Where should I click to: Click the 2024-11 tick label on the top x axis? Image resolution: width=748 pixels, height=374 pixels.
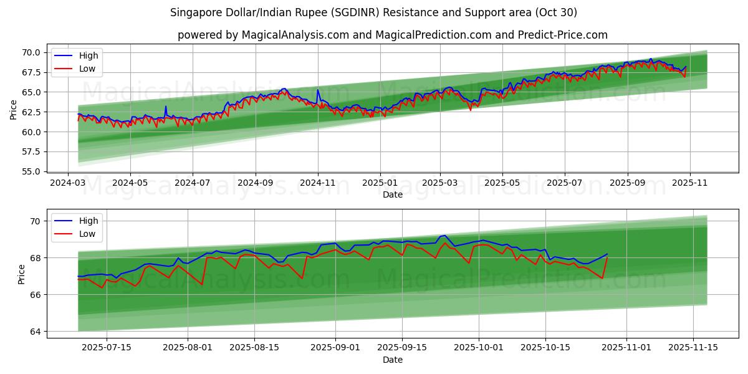coord(318,183)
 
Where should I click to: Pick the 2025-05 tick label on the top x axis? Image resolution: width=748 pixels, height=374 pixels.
coord(502,183)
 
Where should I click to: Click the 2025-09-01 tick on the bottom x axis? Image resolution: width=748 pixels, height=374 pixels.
coord(335,348)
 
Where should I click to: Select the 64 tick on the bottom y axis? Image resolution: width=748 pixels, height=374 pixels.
coord(34,332)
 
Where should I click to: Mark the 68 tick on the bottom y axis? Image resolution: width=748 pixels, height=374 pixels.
coord(34,258)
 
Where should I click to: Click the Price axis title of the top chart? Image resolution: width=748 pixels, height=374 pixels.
coord(14,110)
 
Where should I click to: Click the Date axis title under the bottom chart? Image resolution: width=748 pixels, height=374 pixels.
coord(393,360)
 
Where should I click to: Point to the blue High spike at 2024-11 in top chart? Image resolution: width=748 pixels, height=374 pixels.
coord(317,90)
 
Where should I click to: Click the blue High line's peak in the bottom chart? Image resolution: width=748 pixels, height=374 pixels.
coord(444,236)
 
